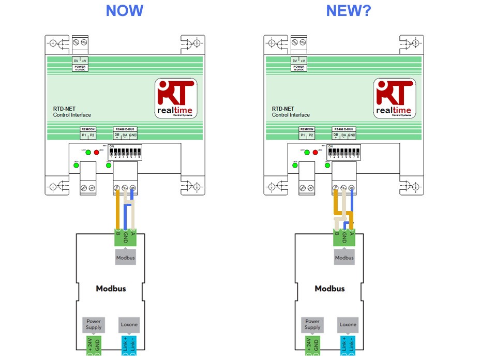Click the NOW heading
[124, 11]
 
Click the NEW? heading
[349, 11]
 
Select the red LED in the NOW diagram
[96, 153]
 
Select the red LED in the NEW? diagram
[315, 153]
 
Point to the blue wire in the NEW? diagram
[352, 207]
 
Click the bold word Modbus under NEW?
[329, 289]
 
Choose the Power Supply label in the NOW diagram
[94, 324]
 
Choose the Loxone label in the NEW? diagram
[348, 324]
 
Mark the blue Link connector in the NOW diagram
[129, 346]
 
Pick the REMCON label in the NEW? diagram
[307, 129]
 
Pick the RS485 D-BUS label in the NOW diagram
[126, 129]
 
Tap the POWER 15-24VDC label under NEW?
[298, 68]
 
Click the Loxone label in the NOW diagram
[129, 324]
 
